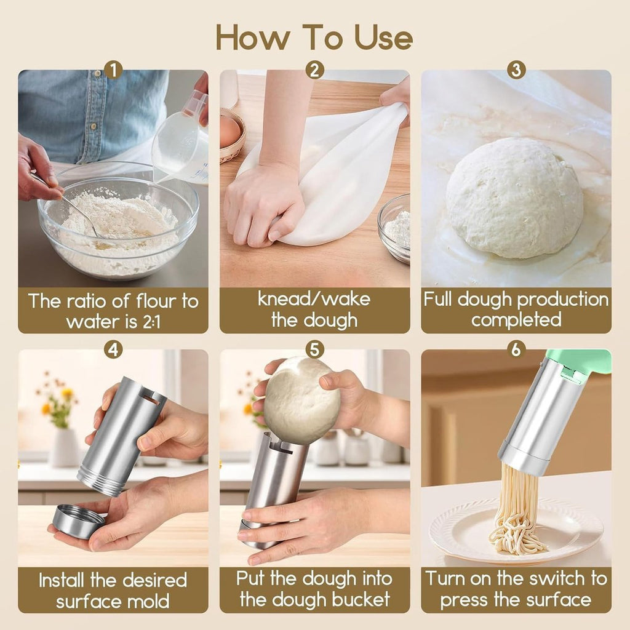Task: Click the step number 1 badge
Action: pos(113,70)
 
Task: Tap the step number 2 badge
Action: pos(314,70)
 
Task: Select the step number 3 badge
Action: pos(516,70)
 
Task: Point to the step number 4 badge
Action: pos(113,350)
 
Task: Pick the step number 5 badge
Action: pos(314,350)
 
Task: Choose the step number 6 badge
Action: pos(516,350)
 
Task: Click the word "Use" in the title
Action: pos(383,38)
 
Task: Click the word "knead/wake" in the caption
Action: pos(314,300)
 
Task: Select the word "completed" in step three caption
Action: pos(516,320)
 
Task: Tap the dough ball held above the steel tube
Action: pos(301,400)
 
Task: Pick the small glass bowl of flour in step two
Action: pos(394,228)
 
